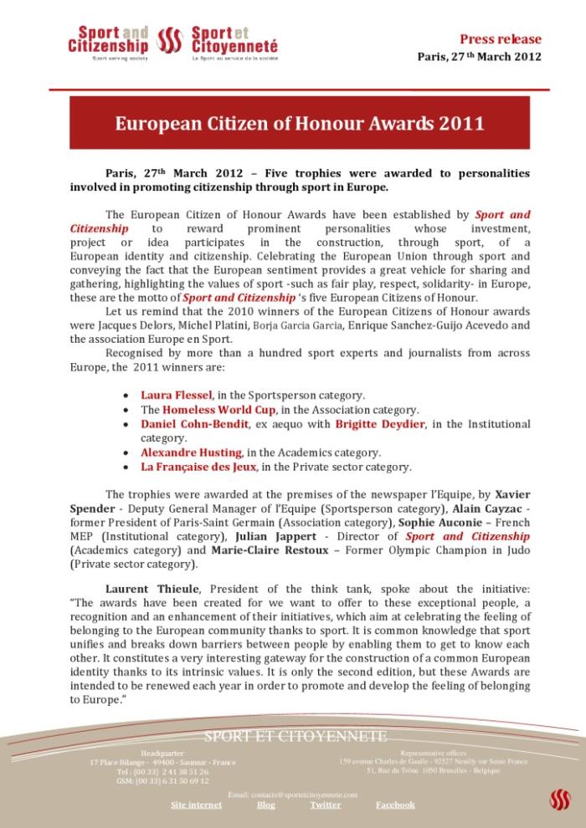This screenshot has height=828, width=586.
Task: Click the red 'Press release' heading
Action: click(x=501, y=38)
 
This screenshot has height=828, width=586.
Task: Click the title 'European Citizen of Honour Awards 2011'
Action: click(x=300, y=123)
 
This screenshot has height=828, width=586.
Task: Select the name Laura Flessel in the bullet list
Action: click(x=176, y=394)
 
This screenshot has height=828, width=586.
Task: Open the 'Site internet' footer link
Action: click(x=197, y=805)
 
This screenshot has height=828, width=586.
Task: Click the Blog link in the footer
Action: click(x=265, y=805)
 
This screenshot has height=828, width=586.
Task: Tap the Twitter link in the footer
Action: click(x=325, y=805)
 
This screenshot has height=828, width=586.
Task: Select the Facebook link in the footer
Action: click(x=395, y=805)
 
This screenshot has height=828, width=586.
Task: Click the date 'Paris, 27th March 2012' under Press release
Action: click(x=479, y=57)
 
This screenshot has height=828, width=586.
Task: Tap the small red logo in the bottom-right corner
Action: click(x=559, y=800)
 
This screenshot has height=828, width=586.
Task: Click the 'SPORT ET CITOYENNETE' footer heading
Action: click(x=296, y=736)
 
